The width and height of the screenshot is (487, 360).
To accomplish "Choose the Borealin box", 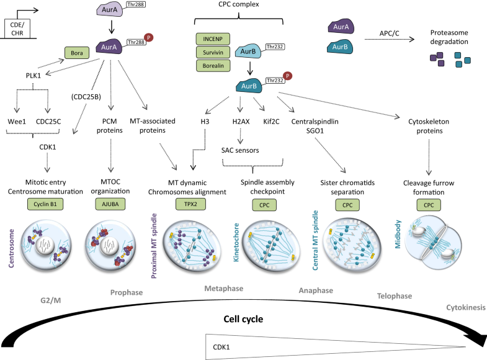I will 213,65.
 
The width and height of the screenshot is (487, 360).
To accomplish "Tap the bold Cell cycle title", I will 244,319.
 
